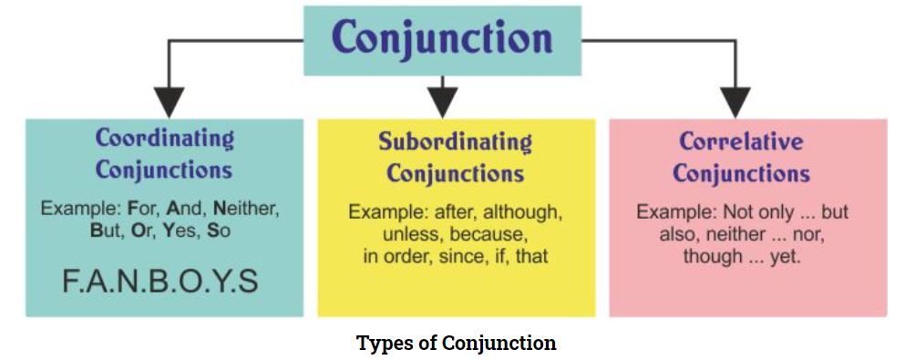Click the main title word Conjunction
[442, 38]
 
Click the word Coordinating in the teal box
[165, 139]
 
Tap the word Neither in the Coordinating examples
[246, 209]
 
